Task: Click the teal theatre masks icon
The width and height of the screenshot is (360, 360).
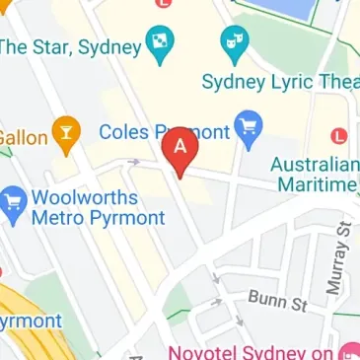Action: coord(234,39)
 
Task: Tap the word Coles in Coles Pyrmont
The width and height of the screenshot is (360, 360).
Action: coord(125,131)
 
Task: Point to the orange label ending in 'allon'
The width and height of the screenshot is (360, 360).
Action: coord(24,137)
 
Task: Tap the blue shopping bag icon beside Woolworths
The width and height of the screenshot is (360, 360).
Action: coord(14,204)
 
